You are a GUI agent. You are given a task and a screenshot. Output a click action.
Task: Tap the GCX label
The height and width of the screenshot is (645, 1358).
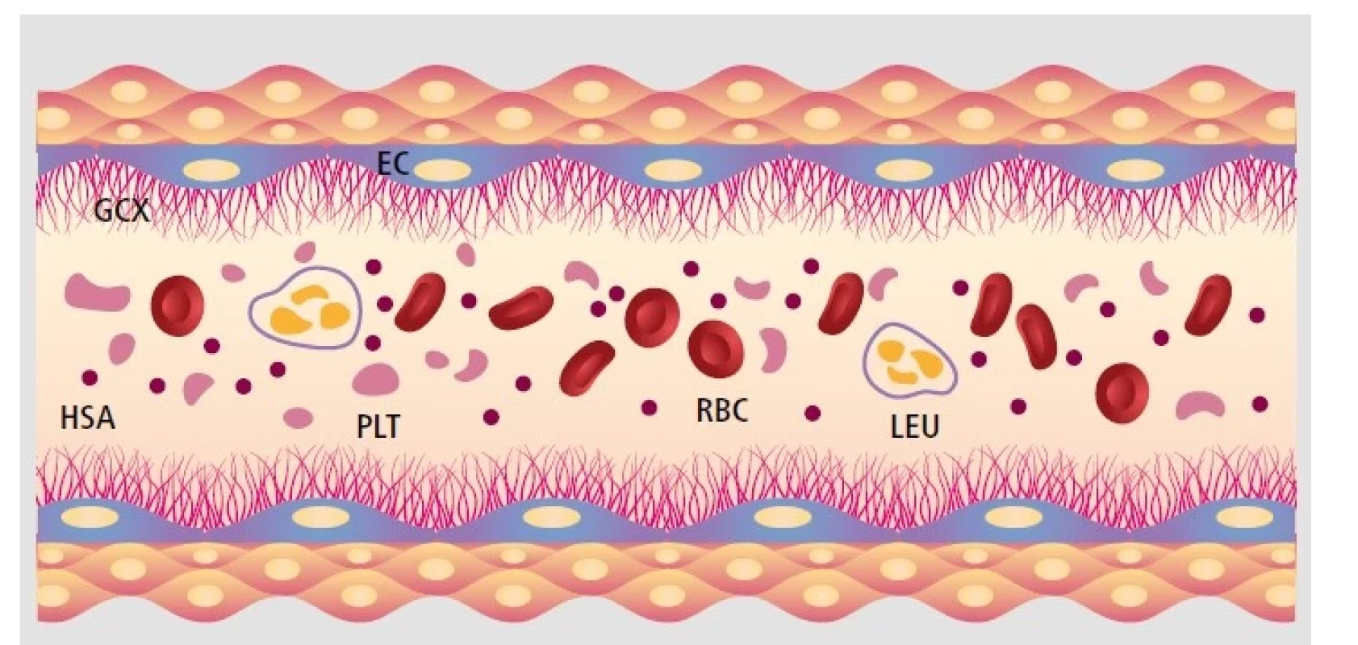click(122, 210)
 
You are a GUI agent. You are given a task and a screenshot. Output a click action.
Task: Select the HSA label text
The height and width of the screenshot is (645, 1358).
click(88, 418)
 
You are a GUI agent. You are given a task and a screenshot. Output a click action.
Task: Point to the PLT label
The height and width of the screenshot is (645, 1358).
click(379, 426)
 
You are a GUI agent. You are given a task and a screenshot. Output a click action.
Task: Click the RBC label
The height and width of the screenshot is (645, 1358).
click(722, 410)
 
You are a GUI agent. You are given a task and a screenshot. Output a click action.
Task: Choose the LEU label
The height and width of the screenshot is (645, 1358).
click(915, 425)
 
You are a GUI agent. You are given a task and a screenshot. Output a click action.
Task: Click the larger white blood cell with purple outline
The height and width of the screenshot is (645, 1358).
click(305, 308)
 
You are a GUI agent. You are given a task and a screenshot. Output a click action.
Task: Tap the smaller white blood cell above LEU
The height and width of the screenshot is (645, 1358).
click(911, 360)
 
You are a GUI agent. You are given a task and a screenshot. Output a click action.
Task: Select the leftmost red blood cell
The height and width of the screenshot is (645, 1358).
click(178, 306)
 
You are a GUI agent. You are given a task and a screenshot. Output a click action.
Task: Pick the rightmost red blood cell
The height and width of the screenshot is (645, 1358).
click(1208, 305)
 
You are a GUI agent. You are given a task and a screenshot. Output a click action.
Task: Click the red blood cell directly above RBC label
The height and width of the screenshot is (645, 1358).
click(716, 349)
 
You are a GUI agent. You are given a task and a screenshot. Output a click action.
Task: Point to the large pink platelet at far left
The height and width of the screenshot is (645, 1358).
click(97, 292)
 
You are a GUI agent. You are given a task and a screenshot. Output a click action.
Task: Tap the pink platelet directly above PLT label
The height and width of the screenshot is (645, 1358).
click(376, 379)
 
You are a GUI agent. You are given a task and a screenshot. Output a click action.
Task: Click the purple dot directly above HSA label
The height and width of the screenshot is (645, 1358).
click(90, 378)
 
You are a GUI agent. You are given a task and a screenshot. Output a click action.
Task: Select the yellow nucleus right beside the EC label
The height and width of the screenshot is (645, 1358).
click(442, 170)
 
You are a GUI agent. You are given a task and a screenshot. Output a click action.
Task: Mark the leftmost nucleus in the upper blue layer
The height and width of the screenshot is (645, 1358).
click(211, 170)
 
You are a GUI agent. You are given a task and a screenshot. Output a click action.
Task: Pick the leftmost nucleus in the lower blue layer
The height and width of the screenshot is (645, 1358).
click(90, 517)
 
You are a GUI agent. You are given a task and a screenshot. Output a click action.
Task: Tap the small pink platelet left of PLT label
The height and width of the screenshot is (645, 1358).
click(298, 418)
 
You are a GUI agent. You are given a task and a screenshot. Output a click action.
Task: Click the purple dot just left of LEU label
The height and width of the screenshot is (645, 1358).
click(813, 414)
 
